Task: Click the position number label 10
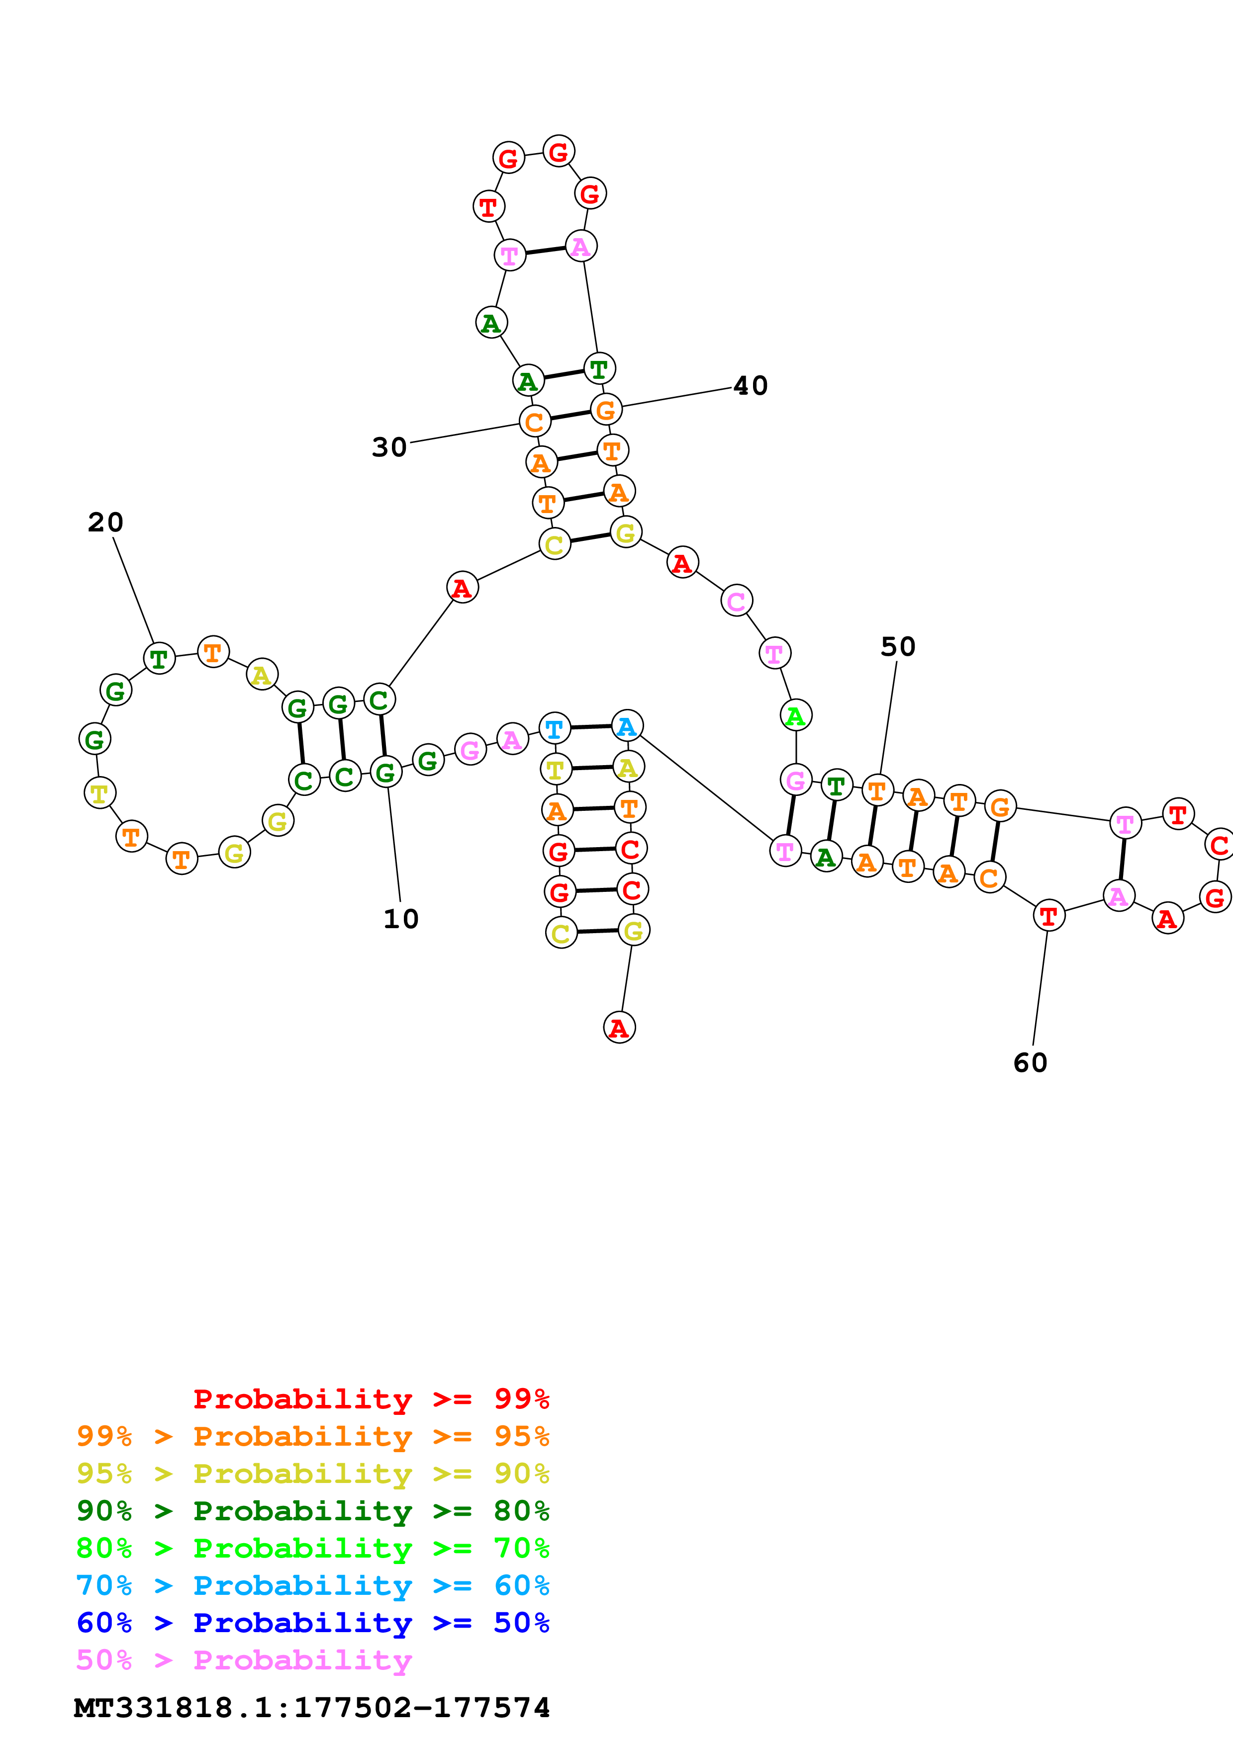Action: tap(400, 919)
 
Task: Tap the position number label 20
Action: tap(105, 523)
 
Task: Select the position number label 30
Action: tap(389, 447)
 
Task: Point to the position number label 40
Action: tap(750, 386)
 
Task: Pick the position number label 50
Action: tap(897, 647)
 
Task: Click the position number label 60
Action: tap(1030, 1062)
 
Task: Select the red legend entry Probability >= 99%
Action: tap(371, 1399)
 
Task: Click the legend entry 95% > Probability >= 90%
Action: tap(312, 1474)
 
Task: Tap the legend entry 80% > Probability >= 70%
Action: tap(312, 1548)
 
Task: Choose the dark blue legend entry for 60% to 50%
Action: tap(312, 1623)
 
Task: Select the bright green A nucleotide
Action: tap(795, 715)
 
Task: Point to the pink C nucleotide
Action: tap(736, 602)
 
